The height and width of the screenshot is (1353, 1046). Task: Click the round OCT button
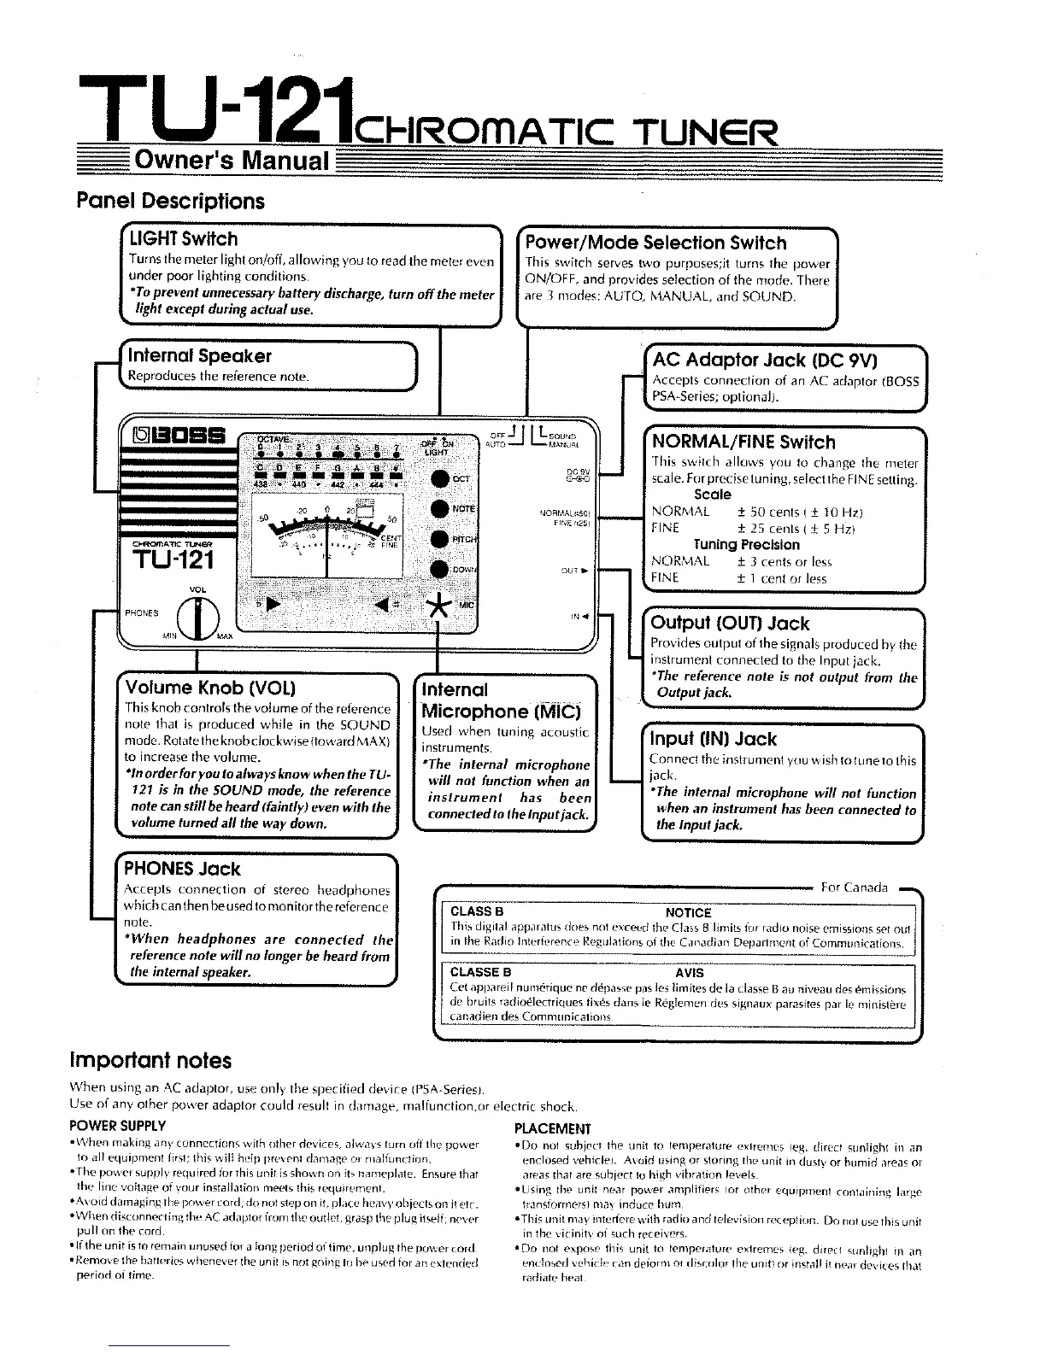click(440, 479)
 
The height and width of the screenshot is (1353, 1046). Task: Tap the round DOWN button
click(440, 570)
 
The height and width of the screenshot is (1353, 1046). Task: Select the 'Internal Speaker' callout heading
click(199, 355)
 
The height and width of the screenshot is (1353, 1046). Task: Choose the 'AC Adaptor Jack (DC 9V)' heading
click(766, 359)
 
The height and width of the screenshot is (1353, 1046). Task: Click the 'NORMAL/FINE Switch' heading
click(743, 442)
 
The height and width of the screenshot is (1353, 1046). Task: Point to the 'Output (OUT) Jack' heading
click(730, 624)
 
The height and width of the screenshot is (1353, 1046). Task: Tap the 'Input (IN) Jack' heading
click(714, 740)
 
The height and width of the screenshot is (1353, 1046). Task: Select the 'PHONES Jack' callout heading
click(182, 870)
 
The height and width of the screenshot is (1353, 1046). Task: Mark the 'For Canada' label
click(855, 887)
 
